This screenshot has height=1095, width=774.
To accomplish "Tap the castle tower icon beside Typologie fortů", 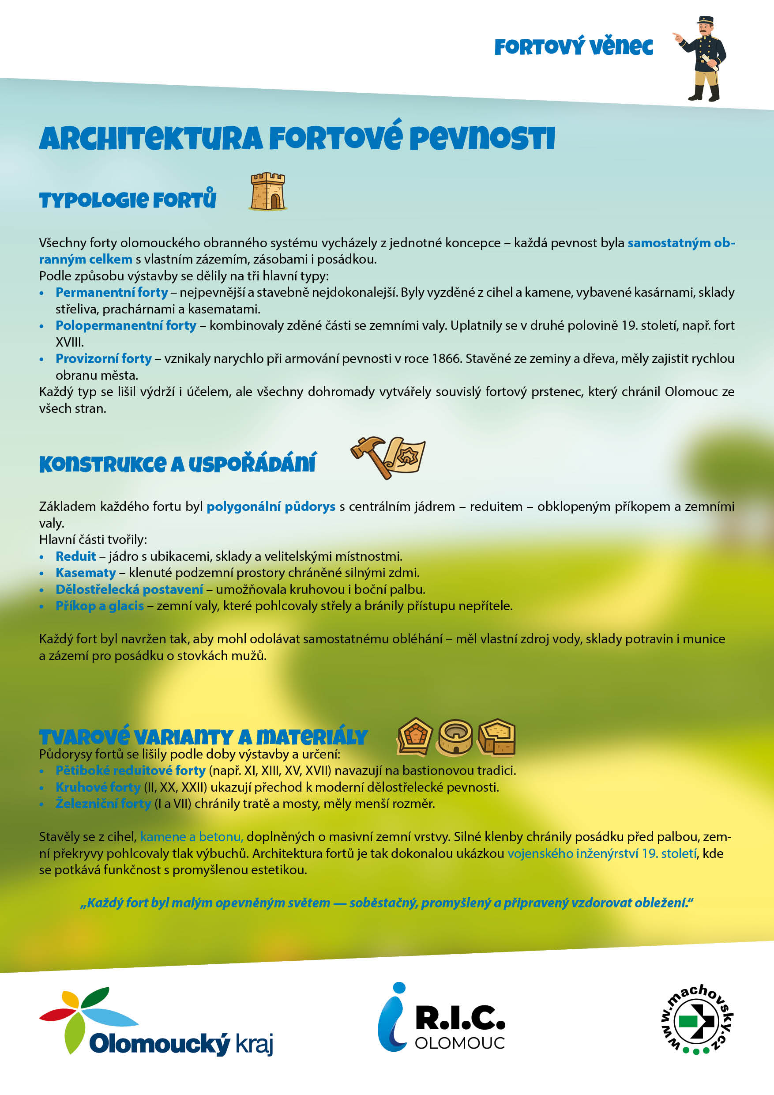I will pos(268,192).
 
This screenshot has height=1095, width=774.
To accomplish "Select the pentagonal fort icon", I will pos(415,737).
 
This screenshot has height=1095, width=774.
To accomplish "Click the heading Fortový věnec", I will pos(573,47).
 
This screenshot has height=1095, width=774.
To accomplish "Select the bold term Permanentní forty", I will pos(112,292).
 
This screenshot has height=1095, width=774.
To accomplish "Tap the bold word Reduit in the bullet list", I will pos(76,556).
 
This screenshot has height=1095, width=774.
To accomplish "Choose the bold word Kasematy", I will pos(86,573).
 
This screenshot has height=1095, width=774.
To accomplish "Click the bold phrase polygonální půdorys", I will pos(271,506).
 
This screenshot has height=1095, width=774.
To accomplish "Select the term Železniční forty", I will pos(103,804).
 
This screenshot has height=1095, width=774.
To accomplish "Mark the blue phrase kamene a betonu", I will pos(192,837).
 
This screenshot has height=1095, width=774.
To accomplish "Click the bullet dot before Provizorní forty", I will pos(42,359).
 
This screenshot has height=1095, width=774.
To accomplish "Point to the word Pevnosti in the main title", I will pos(482,139).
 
